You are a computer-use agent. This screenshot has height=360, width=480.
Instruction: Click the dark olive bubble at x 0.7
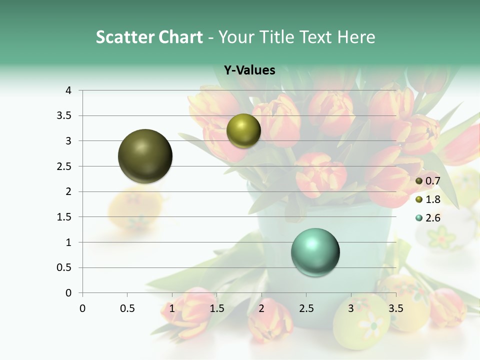[145, 156]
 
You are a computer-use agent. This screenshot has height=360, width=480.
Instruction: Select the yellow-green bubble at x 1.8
[243, 130]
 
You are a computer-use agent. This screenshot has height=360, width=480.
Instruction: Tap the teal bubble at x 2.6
[315, 252]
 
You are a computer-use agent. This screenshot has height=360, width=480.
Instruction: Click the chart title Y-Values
[249, 70]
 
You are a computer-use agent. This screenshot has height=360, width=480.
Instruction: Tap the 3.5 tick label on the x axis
[396, 308]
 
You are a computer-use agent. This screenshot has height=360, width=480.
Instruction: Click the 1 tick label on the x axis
[172, 308]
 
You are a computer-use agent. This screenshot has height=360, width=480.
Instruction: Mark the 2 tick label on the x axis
[261, 308]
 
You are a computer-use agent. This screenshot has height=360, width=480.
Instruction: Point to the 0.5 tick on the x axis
[127, 308]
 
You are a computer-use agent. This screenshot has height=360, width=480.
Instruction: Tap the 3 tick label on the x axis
[351, 308]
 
